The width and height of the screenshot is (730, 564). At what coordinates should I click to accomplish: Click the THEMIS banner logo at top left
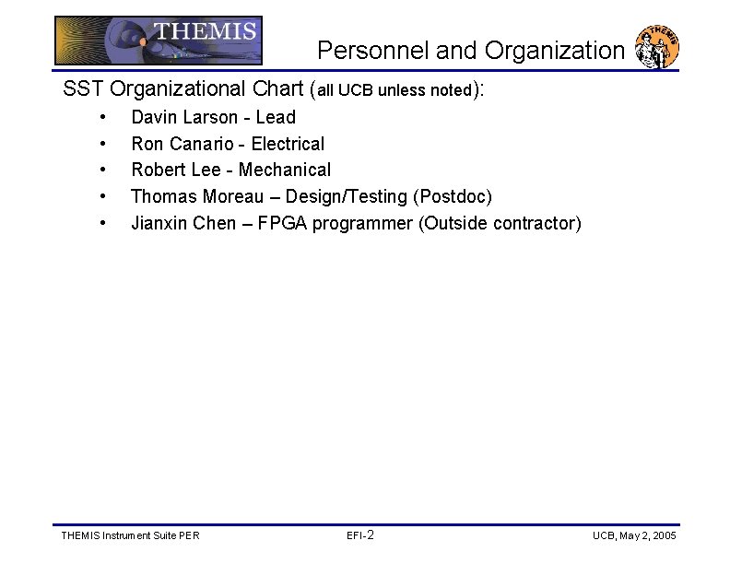coord(159,40)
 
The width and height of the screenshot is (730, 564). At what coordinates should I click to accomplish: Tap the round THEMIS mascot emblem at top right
coord(658,46)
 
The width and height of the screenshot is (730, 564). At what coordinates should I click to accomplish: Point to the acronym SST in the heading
coord(82,89)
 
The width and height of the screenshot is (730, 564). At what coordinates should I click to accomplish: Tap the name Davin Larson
coord(185,117)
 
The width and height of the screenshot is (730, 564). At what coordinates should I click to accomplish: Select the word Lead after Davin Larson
coord(276,117)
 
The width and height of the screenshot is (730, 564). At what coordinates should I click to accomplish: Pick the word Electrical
coord(288,144)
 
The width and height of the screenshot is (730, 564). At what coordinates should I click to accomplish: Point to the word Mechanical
coord(285,170)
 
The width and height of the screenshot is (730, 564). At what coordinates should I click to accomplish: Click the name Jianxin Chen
coord(183,223)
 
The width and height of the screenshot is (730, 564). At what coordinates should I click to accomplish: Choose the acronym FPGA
coord(282,223)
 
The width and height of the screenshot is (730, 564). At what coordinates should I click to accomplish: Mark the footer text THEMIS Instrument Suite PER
coord(129,535)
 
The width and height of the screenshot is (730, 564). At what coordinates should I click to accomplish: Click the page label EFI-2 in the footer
coord(359,535)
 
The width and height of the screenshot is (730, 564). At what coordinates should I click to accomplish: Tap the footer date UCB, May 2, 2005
coord(634,535)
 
